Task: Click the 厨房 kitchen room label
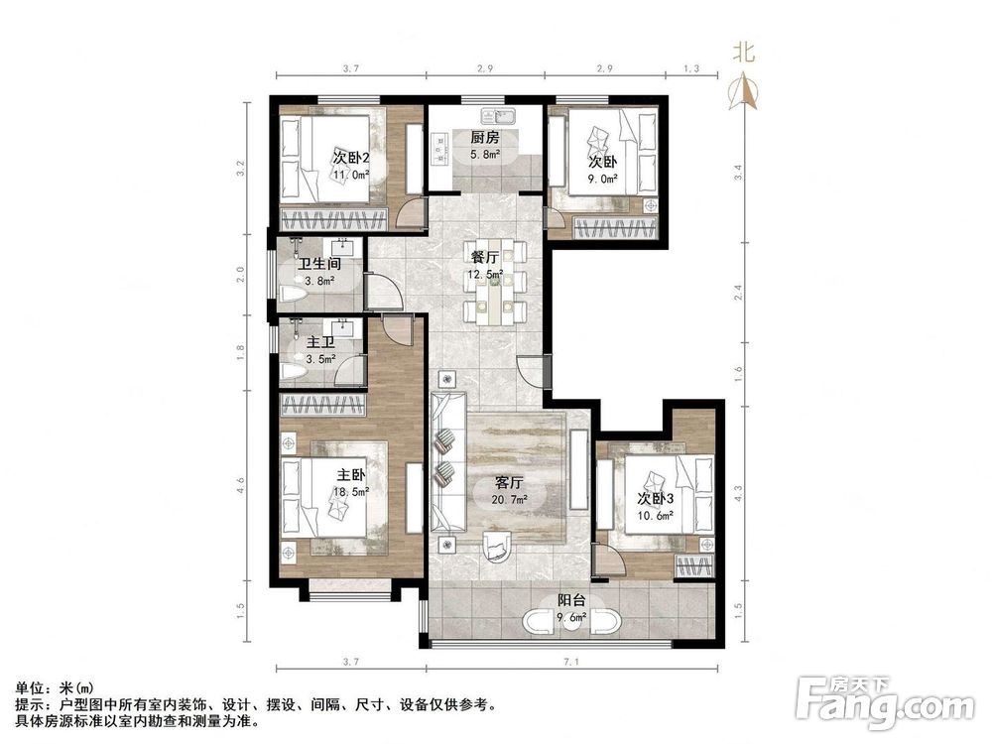click(485, 137)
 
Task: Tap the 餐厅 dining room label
click(485, 258)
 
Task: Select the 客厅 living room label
click(510, 483)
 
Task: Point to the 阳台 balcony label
click(571, 600)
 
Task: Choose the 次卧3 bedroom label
click(655, 499)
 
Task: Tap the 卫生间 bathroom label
click(319, 263)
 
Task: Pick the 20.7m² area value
click(510, 499)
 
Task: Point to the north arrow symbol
click(744, 90)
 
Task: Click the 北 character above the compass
click(744, 52)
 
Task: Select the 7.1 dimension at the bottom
click(571, 662)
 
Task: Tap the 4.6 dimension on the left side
click(240, 486)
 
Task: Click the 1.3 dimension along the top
click(692, 68)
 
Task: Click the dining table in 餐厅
click(495, 282)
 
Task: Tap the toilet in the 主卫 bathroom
click(293, 373)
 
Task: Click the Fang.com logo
click(886, 702)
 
